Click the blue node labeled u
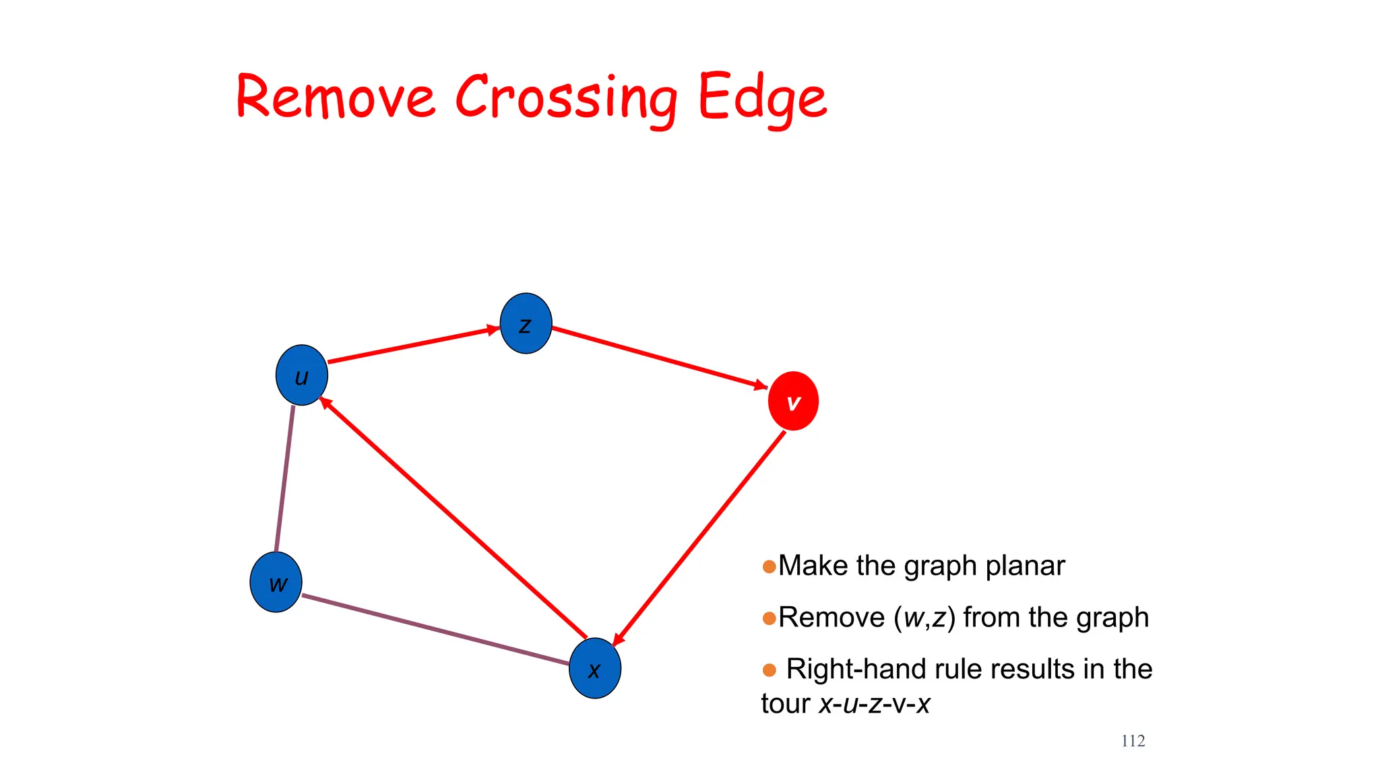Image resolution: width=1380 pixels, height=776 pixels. point(301,375)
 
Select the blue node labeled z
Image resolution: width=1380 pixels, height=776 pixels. point(526,323)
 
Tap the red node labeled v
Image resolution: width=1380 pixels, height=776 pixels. point(793,401)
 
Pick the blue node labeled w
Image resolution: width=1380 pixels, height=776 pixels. point(276,582)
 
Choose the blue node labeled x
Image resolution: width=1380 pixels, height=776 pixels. point(594,668)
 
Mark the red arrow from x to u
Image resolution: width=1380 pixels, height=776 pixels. point(453,518)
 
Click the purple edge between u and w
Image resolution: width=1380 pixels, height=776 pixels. point(284,478)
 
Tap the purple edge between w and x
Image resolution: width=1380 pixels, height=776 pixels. point(435,630)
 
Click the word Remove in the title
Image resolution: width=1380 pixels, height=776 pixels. point(336,98)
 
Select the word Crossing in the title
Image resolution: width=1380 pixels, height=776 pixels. point(566,99)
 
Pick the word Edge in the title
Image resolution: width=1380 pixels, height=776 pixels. point(761,99)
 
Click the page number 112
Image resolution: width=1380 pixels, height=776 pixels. point(1133,741)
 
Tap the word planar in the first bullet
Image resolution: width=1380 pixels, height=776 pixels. point(1025,566)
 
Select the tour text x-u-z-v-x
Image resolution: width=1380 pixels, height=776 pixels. point(874,704)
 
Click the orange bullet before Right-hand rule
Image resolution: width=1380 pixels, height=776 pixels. point(769,670)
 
